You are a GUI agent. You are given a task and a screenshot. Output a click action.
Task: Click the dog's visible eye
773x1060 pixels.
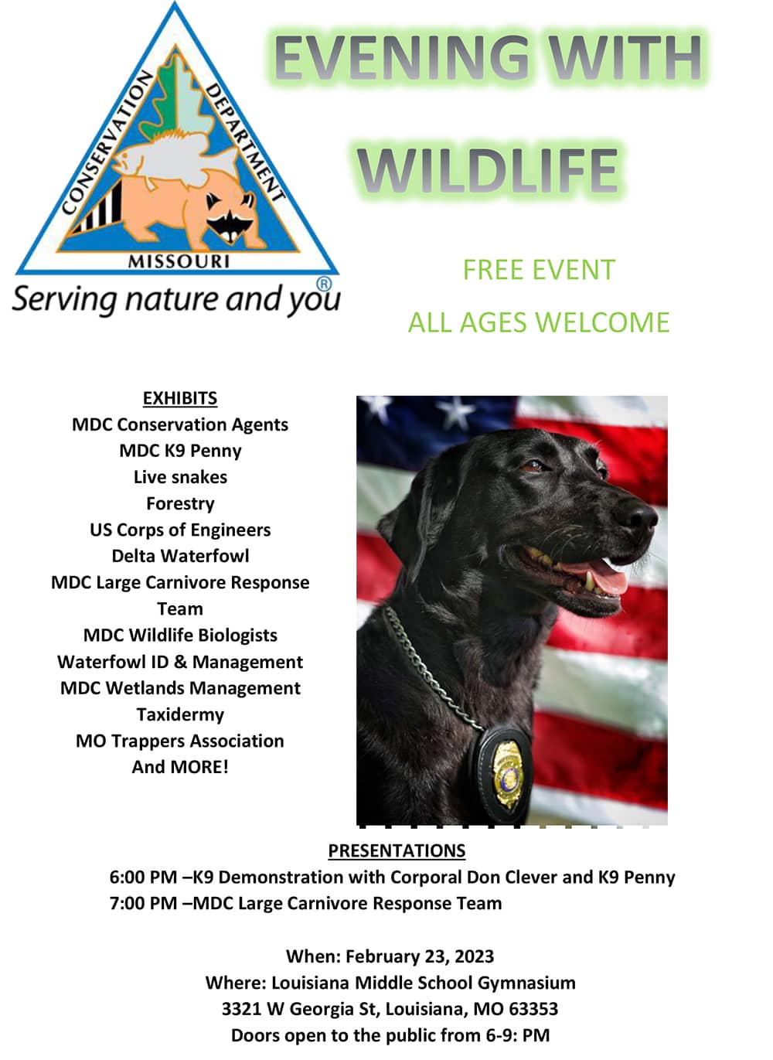tap(534, 466)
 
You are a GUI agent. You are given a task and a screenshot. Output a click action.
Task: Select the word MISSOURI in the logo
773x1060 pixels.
tap(179, 261)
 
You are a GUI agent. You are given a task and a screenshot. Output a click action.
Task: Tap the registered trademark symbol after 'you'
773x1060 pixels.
tap(324, 284)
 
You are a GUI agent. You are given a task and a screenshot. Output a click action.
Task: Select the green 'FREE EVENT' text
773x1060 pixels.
tap(539, 270)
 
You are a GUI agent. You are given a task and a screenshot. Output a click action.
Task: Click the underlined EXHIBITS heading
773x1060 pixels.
tap(180, 398)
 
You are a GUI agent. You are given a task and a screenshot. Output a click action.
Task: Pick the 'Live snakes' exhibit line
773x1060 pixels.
tap(180, 477)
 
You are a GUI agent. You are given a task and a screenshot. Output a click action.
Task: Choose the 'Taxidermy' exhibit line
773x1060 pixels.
tap(180, 714)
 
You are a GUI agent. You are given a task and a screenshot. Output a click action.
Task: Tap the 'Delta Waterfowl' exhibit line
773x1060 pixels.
tap(180, 556)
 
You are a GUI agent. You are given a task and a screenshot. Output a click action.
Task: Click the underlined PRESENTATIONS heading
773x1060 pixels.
tap(397, 850)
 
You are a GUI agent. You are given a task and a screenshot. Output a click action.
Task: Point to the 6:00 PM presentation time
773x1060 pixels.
tap(143, 878)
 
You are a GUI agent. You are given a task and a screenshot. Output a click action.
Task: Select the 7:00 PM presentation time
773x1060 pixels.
tap(143, 903)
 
